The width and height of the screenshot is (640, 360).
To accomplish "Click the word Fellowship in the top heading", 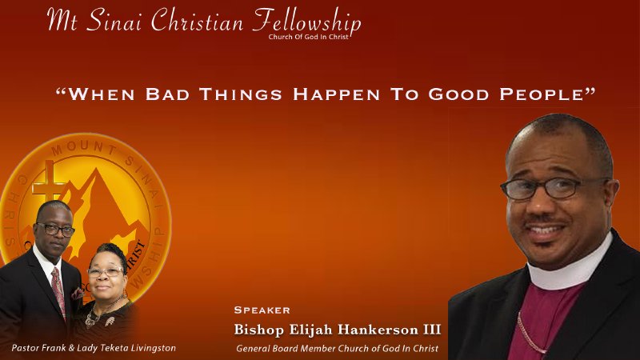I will [306, 22].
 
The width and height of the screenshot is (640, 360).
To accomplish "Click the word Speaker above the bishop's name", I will [262, 310].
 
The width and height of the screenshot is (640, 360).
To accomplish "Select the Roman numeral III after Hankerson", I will [430, 329].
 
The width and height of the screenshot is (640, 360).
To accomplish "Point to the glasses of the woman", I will [106, 272].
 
